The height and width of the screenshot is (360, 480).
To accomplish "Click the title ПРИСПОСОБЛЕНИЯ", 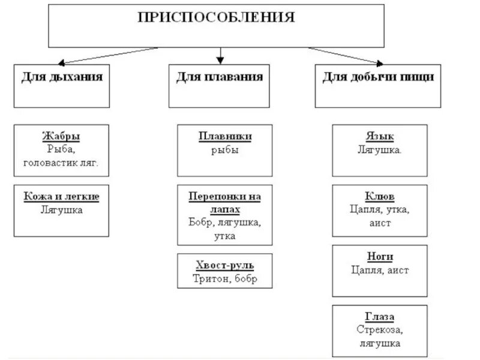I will tap(217, 17).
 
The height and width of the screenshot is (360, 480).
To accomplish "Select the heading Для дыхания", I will tap(62, 77).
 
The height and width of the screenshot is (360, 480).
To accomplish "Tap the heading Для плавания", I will tap(220, 77).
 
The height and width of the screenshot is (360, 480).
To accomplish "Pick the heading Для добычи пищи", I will tap(379, 77).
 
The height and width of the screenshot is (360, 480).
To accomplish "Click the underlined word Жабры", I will tap(61, 136).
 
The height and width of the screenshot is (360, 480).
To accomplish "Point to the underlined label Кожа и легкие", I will tap(61, 196).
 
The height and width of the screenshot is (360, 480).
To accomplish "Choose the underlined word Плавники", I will tap(225, 136).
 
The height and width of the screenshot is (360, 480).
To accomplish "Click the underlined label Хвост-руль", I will tap(225, 265).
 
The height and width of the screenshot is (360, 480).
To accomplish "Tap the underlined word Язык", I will tap(379, 136).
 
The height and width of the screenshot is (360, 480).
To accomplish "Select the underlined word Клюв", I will tap(379, 196).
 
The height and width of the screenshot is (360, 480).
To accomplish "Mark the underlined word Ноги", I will tap(379, 256).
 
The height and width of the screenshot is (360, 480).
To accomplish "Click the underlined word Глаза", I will tap(379, 316).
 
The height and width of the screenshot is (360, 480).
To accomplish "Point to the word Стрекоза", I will tap(379, 330).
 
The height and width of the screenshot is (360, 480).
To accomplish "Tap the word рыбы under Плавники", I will tap(225, 150).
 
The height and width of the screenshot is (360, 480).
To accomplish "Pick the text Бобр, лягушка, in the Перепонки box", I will tap(225, 223).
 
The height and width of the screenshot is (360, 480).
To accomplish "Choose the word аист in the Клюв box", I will tap(379, 223).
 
